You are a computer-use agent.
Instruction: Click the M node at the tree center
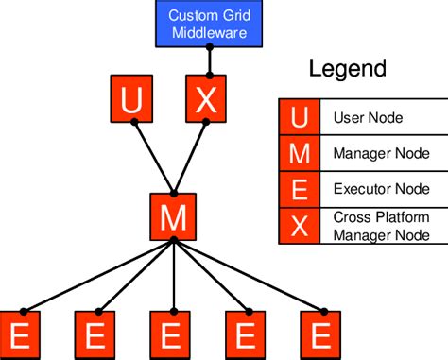pos(172,216)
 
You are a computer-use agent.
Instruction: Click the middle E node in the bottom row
pos(171,335)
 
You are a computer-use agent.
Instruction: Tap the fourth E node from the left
pos(247,335)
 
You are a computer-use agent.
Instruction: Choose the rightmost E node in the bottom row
pos(321,335)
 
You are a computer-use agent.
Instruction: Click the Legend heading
pos(348,69)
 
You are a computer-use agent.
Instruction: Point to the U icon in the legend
pos(299,118)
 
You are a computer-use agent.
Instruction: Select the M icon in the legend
pos(299,152)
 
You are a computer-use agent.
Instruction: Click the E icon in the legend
pos(299,187)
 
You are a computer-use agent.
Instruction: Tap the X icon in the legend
pos(299,225)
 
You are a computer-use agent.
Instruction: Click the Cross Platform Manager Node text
pos(381,225)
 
